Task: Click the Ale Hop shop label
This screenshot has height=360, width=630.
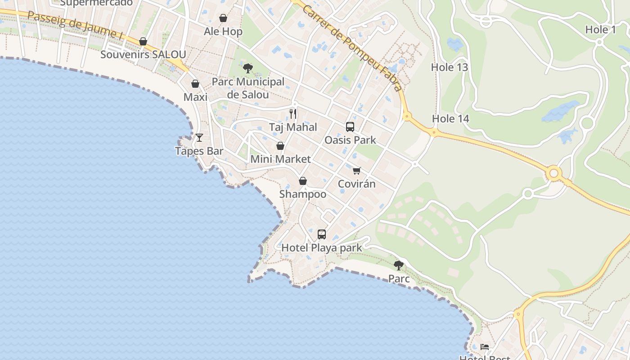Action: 223,31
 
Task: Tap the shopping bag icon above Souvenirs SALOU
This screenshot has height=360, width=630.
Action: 143,42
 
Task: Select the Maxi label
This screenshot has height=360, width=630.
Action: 195,97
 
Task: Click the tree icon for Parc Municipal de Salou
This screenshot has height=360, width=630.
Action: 247,68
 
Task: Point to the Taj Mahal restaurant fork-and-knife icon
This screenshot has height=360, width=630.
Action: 293,113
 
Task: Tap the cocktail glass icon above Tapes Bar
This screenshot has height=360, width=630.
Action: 199,138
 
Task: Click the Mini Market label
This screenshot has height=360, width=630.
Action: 280,159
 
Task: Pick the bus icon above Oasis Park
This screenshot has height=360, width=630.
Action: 350,127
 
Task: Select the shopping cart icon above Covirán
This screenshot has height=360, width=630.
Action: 357,171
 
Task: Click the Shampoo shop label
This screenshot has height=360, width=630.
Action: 303,194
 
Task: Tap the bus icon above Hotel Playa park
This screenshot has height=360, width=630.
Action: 322,234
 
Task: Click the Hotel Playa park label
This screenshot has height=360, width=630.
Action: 321,247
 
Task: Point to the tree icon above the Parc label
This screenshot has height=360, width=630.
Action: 399,265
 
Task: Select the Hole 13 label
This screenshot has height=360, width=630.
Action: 450,67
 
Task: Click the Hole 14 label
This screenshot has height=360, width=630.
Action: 450,119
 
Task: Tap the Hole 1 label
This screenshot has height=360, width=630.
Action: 600,30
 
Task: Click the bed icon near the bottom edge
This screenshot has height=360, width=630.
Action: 485,346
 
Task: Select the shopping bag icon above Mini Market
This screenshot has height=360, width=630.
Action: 280,146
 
